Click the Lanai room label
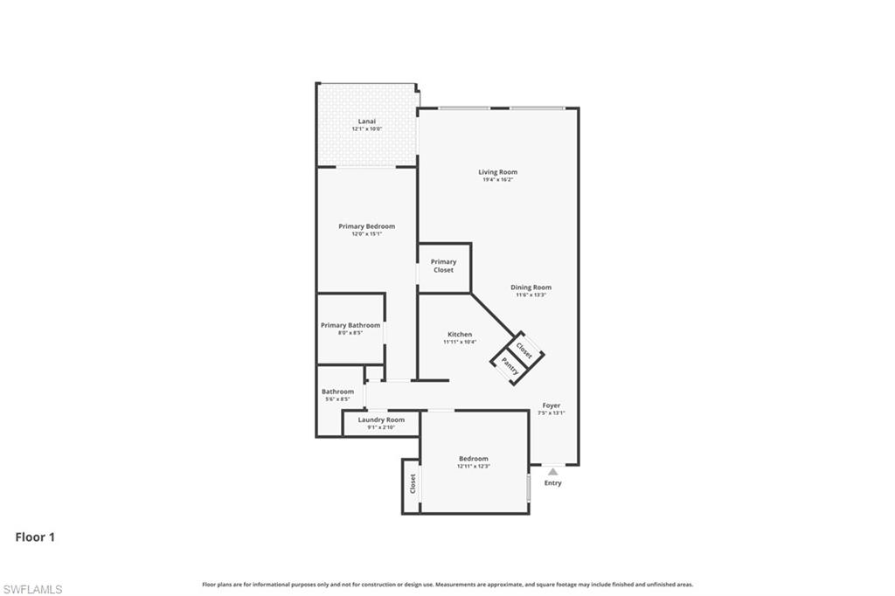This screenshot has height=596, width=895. click(366, 121)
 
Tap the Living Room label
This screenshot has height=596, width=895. click(497, 172)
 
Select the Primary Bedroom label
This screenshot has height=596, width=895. click(366, 226)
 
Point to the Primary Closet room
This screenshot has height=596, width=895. click(443, 266)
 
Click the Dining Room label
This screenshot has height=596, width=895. click(531, 288)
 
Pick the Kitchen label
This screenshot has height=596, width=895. click(460, 335)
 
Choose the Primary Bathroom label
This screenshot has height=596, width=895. click(350, 325)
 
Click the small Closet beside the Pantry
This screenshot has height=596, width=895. click(524, 349)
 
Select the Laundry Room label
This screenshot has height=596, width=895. click(381, 419)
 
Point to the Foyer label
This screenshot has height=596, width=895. click(552, 405)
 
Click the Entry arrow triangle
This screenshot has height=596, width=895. click(552, 471)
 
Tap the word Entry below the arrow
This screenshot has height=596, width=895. click(552, 483)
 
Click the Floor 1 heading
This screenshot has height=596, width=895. click(35, 537)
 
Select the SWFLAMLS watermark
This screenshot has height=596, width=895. click(32, 589)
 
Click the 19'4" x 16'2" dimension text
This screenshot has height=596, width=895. click(497, 180)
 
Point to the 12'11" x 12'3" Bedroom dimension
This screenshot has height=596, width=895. click(473, 467)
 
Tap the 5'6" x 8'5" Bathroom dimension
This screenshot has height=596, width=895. click(337, 399)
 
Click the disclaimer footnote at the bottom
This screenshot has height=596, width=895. click(447, 585)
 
